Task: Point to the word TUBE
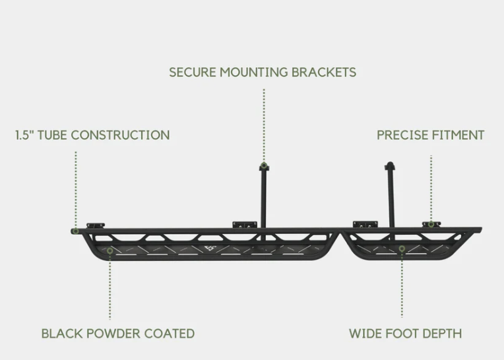(54, 135)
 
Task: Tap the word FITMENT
(458, 135)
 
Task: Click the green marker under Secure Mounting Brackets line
(264, 165)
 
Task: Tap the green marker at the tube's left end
(77, 231)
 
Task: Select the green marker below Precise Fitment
(431, 224)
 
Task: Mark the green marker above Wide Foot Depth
(402, 249)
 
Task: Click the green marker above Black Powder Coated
(110, 250)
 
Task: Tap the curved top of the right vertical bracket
(389, 165)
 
